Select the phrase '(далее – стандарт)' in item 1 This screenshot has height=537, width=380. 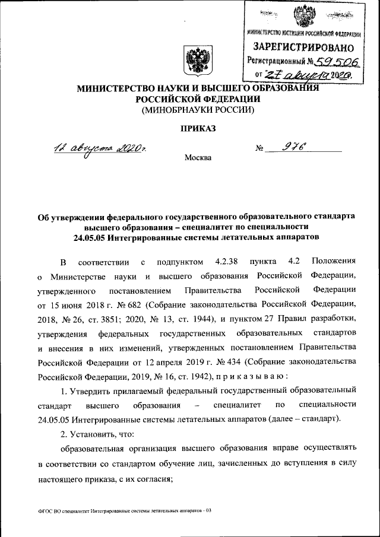304,419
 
